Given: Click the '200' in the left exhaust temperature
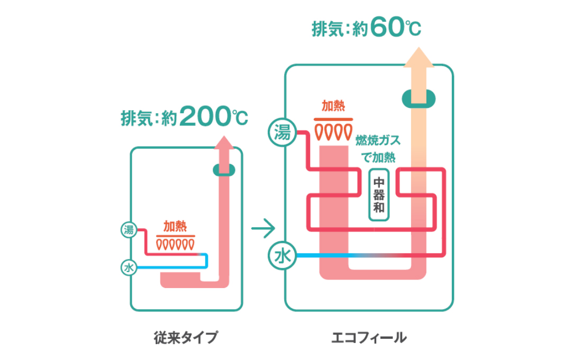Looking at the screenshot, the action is (205, 116).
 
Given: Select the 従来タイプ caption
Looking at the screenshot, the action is (186, 337).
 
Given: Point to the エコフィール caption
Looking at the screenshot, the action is (369, 338).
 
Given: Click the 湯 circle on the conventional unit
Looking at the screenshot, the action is (129, 230).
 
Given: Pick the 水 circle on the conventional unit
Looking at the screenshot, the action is (129, 267).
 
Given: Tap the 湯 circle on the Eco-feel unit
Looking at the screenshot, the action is (282, 132).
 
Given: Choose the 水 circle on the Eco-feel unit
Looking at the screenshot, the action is (282, 256).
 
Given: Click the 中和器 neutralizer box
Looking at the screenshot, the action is (379, 195).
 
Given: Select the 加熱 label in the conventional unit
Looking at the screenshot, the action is (175, 226).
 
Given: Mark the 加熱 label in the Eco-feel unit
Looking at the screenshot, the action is (333, 106).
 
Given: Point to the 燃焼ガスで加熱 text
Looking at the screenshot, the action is (378, 149).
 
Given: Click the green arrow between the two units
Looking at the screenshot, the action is (263, 228).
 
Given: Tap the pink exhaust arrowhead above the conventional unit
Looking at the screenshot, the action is (224, 142).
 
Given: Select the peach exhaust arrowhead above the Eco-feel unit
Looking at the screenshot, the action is (419, 57).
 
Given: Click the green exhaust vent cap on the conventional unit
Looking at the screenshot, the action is (224, 170).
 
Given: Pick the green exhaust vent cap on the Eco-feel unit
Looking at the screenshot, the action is (419, 99).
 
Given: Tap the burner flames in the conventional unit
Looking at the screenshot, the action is (175, 245).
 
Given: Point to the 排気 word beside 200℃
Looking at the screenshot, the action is (136, 118).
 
